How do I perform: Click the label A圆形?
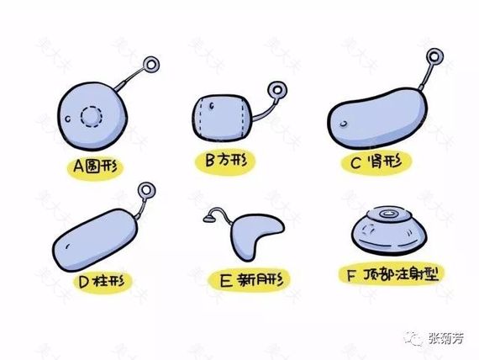tap(96, 167)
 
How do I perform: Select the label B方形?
tap(226, 160)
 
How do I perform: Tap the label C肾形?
tap(376, 161)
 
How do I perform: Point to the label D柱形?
tap(102, 282)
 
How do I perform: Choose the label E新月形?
tap(251, 280)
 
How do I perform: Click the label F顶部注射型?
tap(393, 274)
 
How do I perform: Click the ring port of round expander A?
tap(151, 65)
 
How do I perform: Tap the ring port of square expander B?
tap(277, 90)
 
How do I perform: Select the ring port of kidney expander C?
tap(434, 57)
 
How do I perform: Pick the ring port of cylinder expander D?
tap(146, 191)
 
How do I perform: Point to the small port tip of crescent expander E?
tap(209, 219)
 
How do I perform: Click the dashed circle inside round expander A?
tap(92, 117)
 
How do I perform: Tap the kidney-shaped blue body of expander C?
tap(376, 118)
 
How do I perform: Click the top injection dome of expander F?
tap(389, 214)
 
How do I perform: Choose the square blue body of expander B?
tap(222, 118)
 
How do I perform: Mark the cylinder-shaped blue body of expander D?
tap(95, 241)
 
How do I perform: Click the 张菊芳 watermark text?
tap(445, 339)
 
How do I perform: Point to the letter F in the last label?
tap(351, 275)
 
